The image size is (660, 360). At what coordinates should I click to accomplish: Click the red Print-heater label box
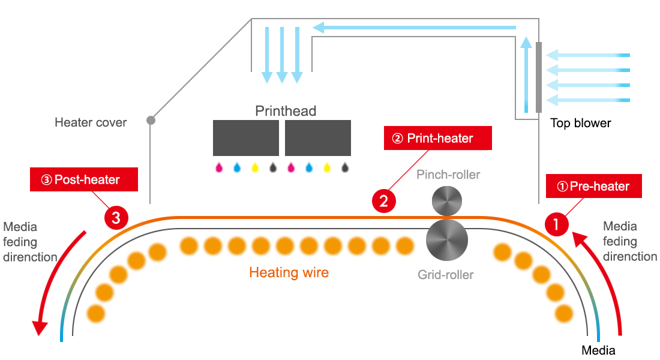(438, 138)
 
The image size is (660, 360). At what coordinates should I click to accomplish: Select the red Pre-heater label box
(594, 186)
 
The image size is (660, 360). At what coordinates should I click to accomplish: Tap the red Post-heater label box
(84, 179)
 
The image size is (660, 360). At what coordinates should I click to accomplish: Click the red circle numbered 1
(556, 224)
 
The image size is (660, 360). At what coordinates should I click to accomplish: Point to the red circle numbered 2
(383, 201)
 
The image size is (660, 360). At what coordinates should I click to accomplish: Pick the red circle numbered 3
(116, 218)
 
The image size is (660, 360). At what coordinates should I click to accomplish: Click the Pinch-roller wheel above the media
(447, 201)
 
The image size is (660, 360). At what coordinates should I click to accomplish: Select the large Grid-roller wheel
(447, 240)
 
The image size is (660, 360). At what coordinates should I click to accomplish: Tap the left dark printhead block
(246, 138)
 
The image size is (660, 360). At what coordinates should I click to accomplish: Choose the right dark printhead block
(318, 138)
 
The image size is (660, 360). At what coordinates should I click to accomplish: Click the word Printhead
(286, 111)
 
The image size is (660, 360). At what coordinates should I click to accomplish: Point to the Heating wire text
(289, 272)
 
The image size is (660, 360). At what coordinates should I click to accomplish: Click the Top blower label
(580, 123)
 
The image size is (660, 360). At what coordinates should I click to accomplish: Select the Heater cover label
(91, 122)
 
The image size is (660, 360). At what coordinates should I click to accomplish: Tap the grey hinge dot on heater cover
(151, 121)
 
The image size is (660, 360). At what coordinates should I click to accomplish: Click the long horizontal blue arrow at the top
(414, 28)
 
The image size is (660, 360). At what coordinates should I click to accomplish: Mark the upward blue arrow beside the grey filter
(526, 74)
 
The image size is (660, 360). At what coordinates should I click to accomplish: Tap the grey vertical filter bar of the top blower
(539, 77)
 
